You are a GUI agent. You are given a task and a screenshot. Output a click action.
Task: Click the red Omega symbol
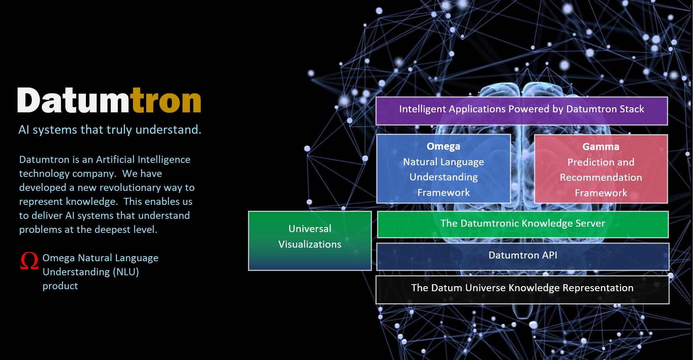(x=30, y=260)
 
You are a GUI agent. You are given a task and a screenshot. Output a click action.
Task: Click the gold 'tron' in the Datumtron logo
(x=166, y=100)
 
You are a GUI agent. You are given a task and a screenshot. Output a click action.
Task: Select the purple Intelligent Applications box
(x=522, y=111)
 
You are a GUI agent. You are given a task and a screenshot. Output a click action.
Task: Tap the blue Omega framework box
(x=443, y=169)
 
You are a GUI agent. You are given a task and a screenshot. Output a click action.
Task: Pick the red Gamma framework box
(x=601, y=169)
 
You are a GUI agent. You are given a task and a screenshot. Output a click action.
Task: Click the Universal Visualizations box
(x=310, y=241)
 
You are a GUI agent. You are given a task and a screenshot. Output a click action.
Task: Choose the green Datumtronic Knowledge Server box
(x=523, y=224)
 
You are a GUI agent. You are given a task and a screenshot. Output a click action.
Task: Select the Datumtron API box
(x=523, y=257)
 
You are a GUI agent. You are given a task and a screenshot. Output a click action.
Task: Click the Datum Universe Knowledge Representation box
(x=522, y=290)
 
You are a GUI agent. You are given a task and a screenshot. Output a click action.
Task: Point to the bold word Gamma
(x=601, y=147)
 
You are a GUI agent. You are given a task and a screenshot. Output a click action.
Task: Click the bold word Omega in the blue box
(x=443, y=146)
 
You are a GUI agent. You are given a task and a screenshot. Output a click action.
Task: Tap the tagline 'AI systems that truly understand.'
(x=110, y=130)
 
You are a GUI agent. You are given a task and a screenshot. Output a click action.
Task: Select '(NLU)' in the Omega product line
(x=126, y=272)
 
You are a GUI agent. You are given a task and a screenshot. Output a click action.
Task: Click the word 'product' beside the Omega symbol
(x=60, y=287)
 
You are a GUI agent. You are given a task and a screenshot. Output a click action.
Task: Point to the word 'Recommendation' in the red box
(x=601, y=178)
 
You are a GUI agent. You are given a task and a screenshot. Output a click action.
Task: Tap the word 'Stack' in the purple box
(x=632, y=109)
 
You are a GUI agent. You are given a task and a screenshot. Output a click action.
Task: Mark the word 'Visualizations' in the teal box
(x=310, y=244)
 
